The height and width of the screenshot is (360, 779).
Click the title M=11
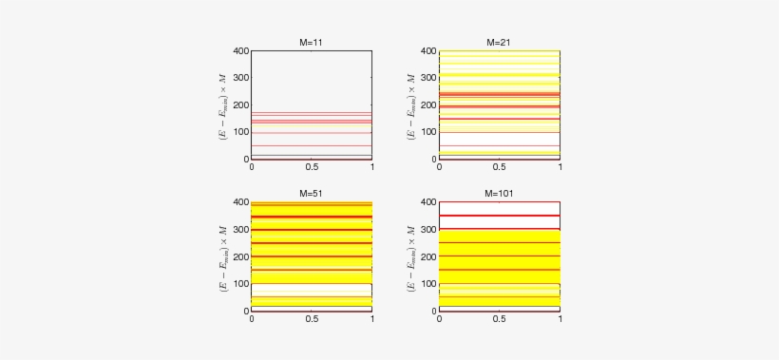pyautogui.click(x=311, y=43)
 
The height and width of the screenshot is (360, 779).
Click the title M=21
pyautogui.click(x=499, y=43)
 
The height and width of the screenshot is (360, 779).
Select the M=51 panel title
pyautogui.click(x=311, y=194)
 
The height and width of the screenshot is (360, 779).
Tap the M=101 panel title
pyautogui.click(x=499, y=194)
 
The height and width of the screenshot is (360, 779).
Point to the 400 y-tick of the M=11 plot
pyautogui.click(x=240, y=51)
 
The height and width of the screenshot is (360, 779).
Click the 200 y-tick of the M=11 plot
pyautogui.click(x=240, y=105)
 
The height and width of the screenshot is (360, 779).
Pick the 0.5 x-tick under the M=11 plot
pyautogui.click(x=312, y=167)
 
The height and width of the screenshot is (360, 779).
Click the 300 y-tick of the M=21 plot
pyautogui.click(x=428, y=78)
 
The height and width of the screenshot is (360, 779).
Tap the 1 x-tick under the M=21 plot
pyautogui.click(x=560, y=167)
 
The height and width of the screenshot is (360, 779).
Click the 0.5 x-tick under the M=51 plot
pyautogui.click(x=312, y=319)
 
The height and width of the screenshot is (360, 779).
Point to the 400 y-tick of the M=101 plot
pyautogui.click(x=428, y=203)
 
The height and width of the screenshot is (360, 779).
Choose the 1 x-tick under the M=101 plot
pyautogui.click(x=560, y=319)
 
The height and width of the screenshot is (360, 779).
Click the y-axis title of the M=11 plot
pyautogui.click(x=222, y=104)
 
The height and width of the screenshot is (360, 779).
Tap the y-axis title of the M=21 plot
pyautogui.click(x=410, y=104)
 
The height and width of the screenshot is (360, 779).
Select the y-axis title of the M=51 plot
pyautogui.click(x=222, y=256)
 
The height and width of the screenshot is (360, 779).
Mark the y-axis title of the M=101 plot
pyautogui.click(x=410, y=256)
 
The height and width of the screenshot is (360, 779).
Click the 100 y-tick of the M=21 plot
pyautogui.click(x=428, y=132)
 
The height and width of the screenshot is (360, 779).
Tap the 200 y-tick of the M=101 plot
pyautogui.click(x=428, y=257)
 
